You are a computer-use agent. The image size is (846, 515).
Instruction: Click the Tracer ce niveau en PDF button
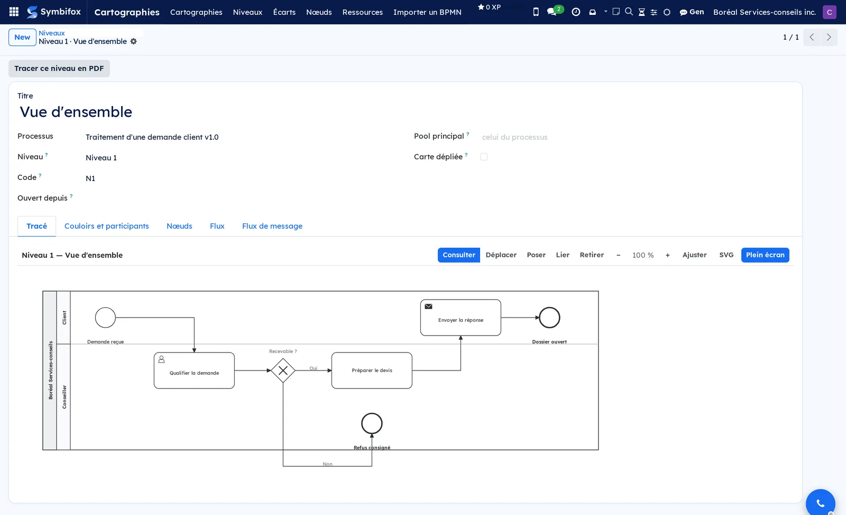pyautogui.click(x=59, y=68)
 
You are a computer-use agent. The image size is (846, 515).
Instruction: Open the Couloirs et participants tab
pyautogui.click(x=106, y=226)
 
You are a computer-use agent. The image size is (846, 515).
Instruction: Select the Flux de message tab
pyautogui.click(x=272, y=226)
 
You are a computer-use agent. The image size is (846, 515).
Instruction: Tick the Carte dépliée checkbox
pyautogui.click(x=484, y=157)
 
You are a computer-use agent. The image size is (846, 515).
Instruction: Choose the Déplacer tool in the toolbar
pyautogui.click(x=501, y=255)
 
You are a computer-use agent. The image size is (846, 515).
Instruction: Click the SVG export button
pyautogui.click(x=726, y=255)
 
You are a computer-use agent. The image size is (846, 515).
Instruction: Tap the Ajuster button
pyautogui.click(x=694, y=255)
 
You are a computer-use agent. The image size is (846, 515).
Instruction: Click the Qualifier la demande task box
pyautogui.click(x=194, y=371)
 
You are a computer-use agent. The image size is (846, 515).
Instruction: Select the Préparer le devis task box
pyautogui.click(x=372, y=371)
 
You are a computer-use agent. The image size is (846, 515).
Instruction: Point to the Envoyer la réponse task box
pyautogui.click(x=461, y=318)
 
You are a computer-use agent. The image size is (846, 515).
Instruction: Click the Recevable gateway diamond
pyautogui.click(x=283, y=371)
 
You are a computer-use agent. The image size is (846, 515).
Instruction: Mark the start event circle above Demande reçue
pyautogui.click(x=105, y=318)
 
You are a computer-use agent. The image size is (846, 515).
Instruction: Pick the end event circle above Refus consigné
pyautogui.click(x=372, y=423)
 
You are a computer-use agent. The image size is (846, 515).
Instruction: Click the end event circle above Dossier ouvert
pyautogui.click(x=549, y=318)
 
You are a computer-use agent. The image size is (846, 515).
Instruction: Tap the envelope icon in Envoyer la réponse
pyautogui.click(x=428, y=306)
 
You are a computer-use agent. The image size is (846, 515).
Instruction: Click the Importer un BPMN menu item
pyautogui.click(x=427, y=12)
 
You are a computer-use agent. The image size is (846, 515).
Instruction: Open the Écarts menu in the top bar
pyautogui.click(x=284, y=12)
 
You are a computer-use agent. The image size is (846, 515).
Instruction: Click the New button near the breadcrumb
pyautogui.click(x=22, y=38)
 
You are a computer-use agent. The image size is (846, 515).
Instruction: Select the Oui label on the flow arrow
pyautogui.click(x=313, y=368)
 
